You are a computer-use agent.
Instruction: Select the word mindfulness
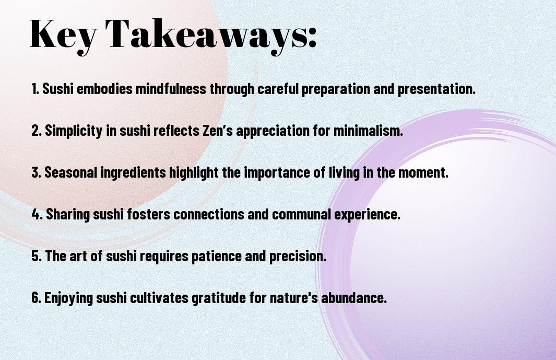171,89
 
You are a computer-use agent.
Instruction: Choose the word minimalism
368,131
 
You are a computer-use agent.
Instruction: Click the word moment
423,172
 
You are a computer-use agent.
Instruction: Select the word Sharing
68,215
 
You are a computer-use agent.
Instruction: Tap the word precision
298,257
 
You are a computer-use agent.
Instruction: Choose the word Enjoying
68,298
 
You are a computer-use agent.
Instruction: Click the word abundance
354,298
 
